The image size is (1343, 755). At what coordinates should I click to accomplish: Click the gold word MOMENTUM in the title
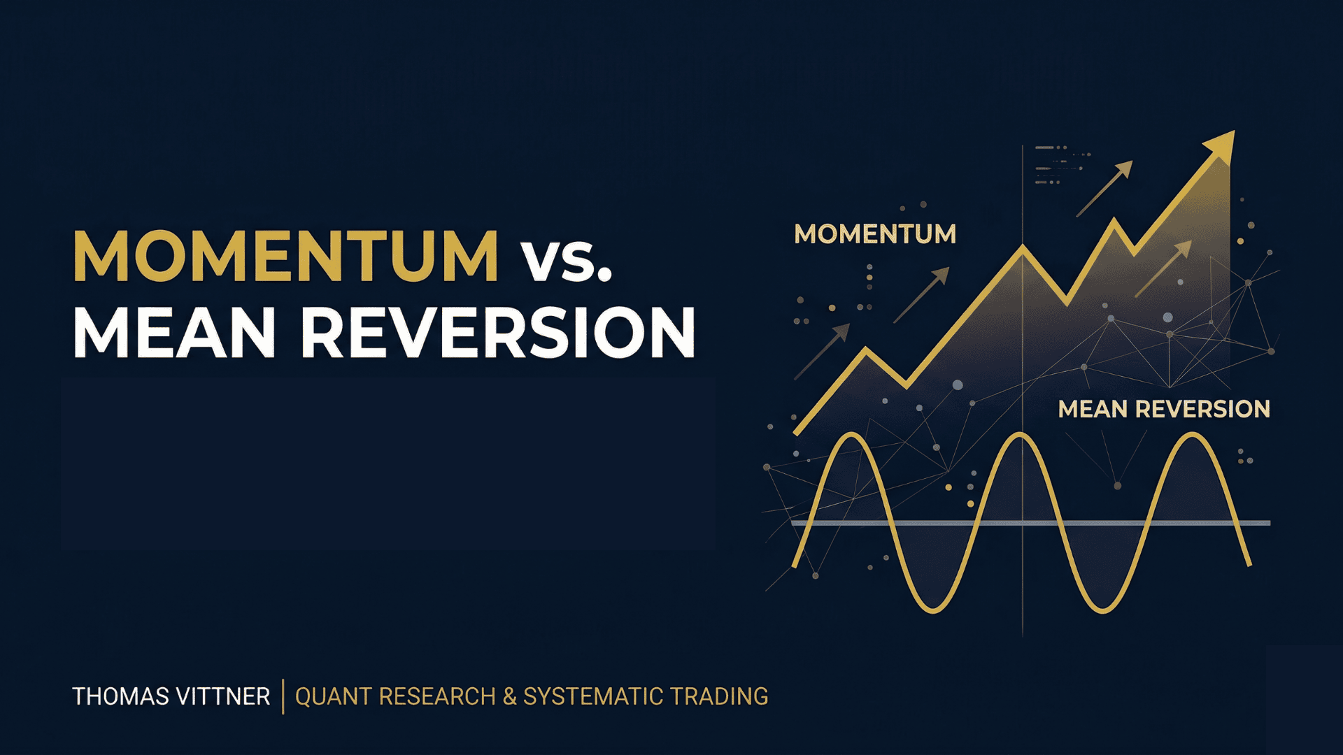(286, 256)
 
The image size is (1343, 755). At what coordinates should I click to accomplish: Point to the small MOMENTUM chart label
(875, 234)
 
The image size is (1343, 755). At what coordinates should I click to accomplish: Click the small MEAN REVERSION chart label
(1164, 409)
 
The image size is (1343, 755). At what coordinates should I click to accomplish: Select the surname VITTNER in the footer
(223, 696)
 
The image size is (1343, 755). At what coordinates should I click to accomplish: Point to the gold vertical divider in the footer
(283, 696)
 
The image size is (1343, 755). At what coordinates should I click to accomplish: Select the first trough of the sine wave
(934, 611)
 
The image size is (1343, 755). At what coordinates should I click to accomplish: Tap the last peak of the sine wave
(1190, 435)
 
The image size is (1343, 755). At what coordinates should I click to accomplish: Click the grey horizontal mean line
(1030, 522)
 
